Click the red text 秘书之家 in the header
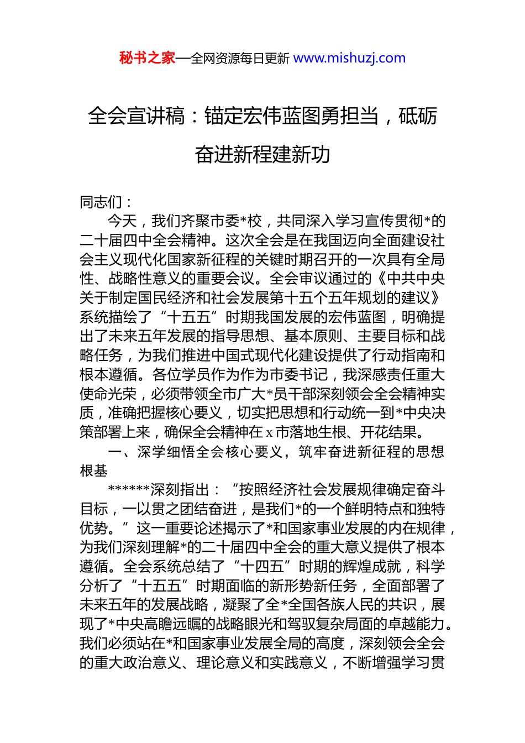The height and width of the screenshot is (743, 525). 147,58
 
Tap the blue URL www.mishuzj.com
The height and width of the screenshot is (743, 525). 349,58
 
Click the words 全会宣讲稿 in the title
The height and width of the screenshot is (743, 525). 136,116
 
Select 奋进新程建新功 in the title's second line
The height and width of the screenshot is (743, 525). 262,154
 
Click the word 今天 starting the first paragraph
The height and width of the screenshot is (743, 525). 122,221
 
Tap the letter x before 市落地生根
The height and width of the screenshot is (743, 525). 269,432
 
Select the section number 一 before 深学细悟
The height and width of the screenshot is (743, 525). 115,452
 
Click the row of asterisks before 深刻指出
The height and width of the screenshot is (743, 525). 129,490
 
